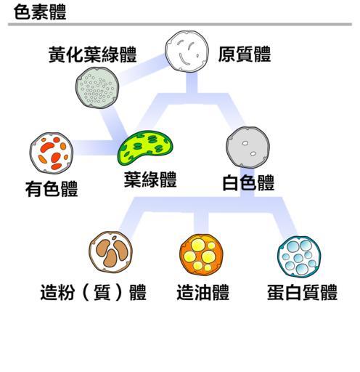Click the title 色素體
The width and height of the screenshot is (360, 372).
click(40, 12)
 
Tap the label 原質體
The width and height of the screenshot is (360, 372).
click(245, 54)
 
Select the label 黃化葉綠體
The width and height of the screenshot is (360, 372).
click(93, 54)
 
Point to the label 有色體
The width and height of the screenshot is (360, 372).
click(52, 189)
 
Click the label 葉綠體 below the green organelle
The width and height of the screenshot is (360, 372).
click(150, 179)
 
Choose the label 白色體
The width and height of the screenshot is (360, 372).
click(248, 182)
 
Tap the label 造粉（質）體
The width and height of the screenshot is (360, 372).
click(94, 292)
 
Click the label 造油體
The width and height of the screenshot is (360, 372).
click(202, 292)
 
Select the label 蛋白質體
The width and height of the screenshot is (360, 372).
click(302, 292)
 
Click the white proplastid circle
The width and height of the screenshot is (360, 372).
click(187, 52)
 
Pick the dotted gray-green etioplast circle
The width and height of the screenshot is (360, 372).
click(97, 87)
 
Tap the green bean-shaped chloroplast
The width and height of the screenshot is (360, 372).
click(145, 147)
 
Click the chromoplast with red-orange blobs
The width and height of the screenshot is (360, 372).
click(52, 153)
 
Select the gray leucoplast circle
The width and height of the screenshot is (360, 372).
click(247, 147)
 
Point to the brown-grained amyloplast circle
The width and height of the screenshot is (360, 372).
click(110, 252)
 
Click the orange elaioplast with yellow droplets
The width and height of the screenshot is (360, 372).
click(201, 255)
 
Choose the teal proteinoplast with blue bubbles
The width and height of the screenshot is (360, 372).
click(299, 257)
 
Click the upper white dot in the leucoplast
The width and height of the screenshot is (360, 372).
click(245, 143)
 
